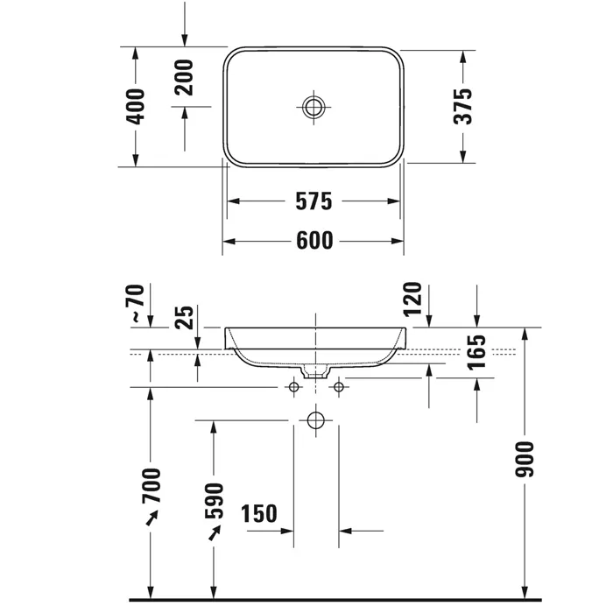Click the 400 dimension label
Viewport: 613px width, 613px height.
(x=135, y=107)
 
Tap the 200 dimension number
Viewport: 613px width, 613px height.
(x=184, y=77)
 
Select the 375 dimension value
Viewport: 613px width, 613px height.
(x=463, y=106)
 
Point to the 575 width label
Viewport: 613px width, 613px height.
(x=314, y=201)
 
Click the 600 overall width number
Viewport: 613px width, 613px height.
(x=314, y=241)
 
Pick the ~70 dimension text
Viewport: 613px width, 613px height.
(x=135, y=303)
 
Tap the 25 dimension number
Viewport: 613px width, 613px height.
(x=184, y=317)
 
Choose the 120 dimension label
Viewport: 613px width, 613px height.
(x=412, y=299)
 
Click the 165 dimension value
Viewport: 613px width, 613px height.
(x=476, y=352)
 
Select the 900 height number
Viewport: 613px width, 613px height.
(x=525, y=460)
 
